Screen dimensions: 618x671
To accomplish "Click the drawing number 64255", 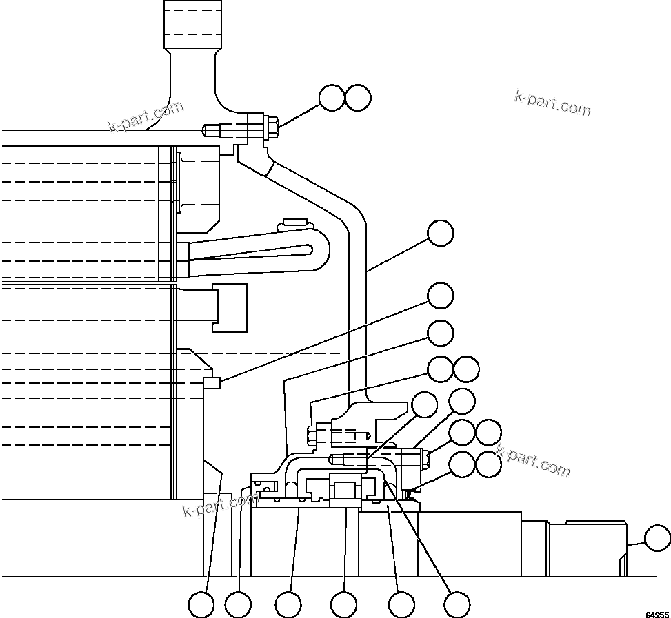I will tap(657, 612).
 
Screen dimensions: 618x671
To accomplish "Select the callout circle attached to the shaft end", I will tap(657, 538).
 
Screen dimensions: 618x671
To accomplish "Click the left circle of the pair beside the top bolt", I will tap(332, 98).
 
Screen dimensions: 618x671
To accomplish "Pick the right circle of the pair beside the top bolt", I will tap(358, 98).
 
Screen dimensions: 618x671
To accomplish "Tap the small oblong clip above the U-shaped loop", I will tap(294, 223).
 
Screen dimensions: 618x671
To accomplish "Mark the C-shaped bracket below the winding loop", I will tap(230, 307).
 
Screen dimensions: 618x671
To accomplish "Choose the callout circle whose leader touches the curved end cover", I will tap(440, 233).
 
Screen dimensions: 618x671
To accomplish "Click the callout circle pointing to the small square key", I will tap(440, 296).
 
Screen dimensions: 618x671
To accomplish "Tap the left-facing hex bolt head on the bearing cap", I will tap(310, 435).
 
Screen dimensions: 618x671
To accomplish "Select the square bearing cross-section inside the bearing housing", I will tap(344, 491).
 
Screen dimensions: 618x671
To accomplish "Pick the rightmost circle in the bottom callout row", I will tap(457, 605).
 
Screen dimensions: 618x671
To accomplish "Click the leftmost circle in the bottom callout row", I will tap(201, 605).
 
